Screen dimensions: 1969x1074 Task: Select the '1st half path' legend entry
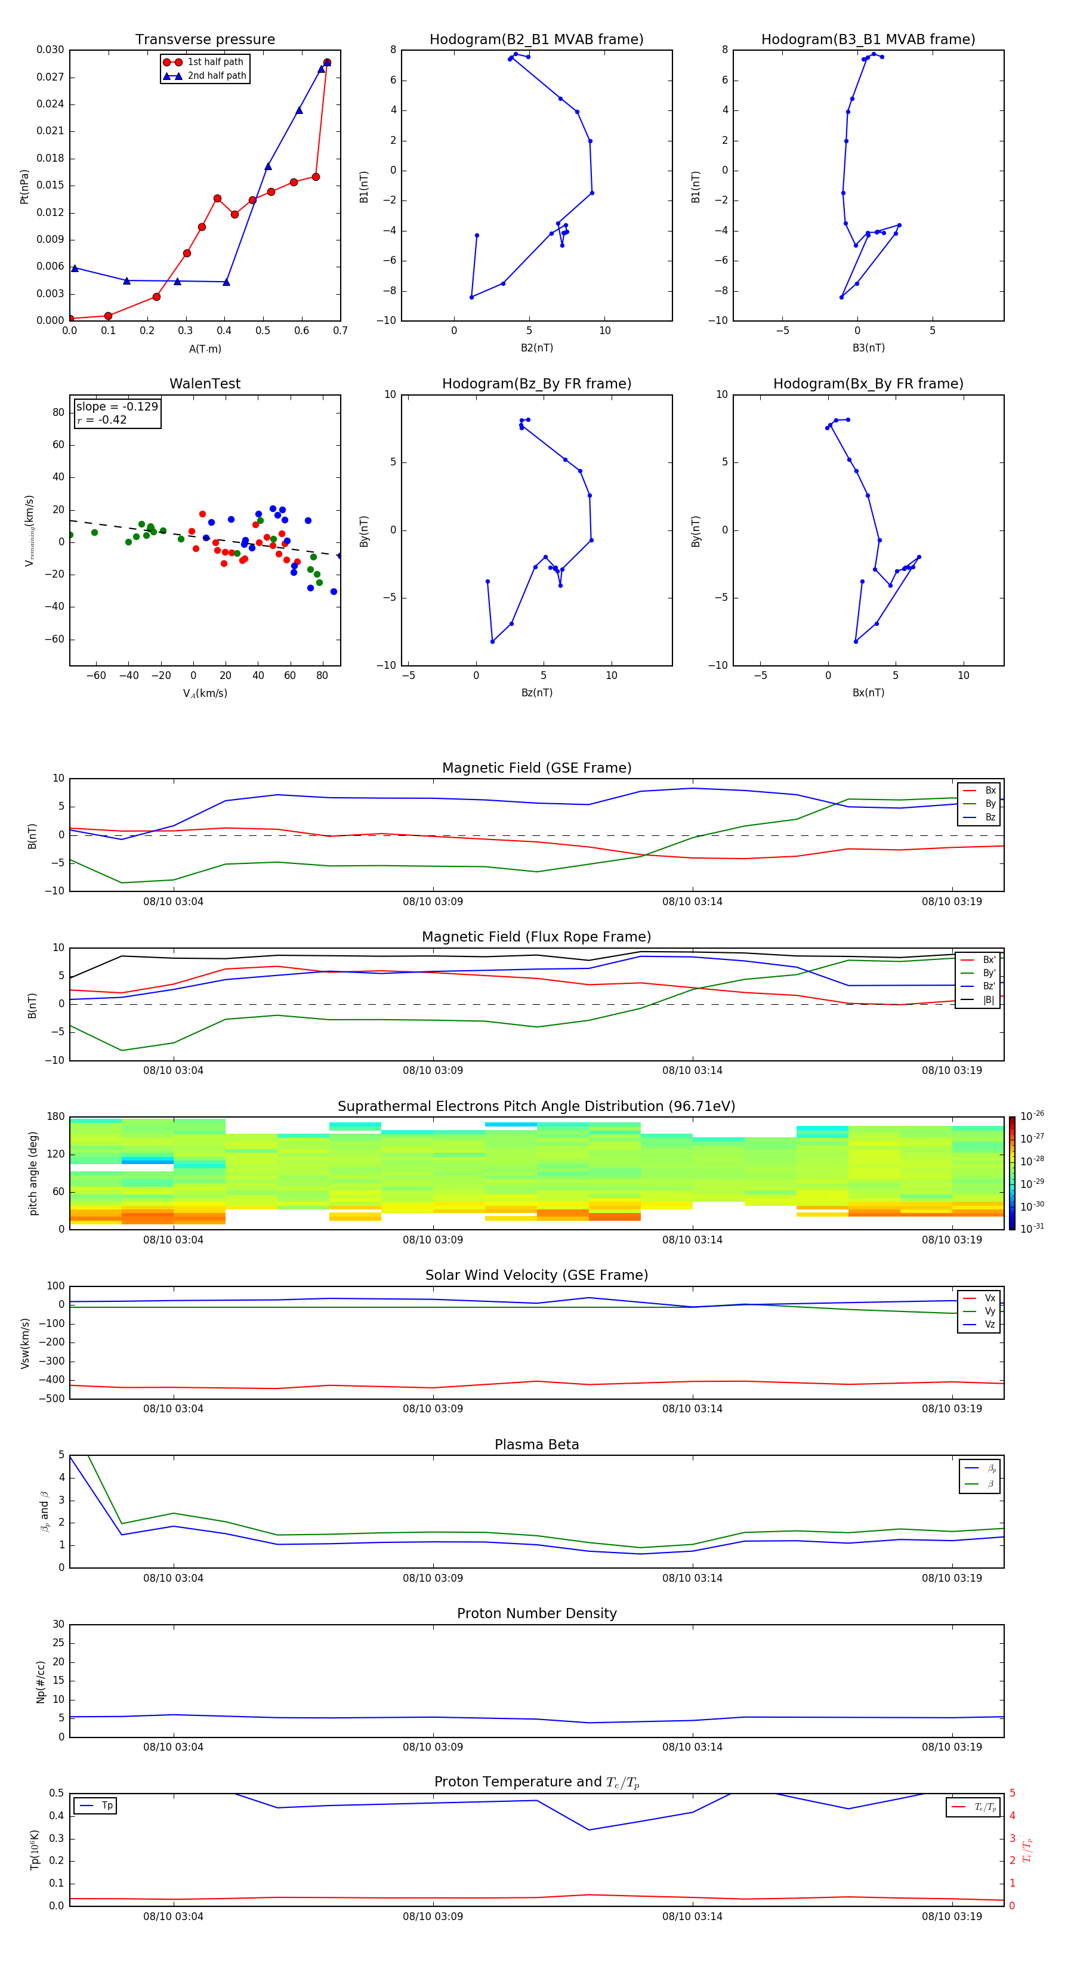[215, 62]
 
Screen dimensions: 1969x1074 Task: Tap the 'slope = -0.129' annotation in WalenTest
[117, 407]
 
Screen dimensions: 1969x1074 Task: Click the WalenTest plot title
[205, 384]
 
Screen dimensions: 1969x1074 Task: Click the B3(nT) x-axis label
[868, 348]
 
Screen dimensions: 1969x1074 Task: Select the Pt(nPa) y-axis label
[24, 187]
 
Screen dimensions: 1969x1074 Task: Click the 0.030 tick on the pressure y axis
[51, 50]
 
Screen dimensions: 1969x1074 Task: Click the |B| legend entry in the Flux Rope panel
[987, 1000]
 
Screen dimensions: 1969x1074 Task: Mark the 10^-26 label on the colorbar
[1032, 1115]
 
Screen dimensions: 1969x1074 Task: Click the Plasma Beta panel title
[536, 1445]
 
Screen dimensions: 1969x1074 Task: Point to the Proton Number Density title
[536, 1613]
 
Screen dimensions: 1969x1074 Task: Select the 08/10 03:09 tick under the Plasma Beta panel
[433, 1578]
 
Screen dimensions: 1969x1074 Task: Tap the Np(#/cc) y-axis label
[41, 1681]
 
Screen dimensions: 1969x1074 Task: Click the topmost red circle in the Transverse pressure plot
[327, 63]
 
